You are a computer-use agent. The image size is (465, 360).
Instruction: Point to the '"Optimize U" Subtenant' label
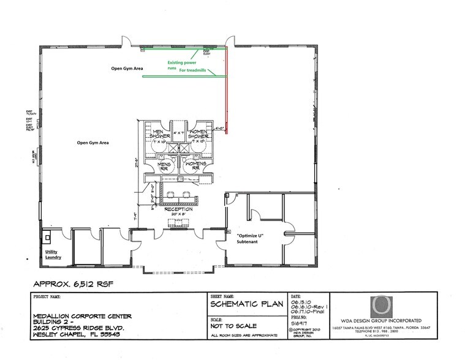pos(250,239)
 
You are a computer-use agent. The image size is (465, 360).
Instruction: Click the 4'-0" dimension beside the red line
pos(221,128)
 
